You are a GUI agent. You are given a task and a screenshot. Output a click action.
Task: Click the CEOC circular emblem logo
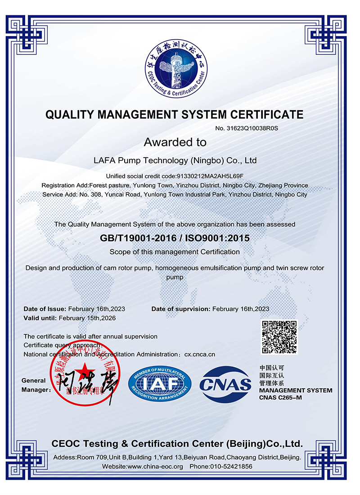(175, 67)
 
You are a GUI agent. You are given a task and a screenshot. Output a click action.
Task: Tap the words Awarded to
(175, 143)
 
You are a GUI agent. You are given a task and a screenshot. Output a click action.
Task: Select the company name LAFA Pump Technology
(175, 160)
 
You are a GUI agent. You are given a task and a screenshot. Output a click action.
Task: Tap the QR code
(279, 337)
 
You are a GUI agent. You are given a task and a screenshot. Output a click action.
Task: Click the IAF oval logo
(160, 383)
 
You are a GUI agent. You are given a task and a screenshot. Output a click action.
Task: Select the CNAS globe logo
(225, 384)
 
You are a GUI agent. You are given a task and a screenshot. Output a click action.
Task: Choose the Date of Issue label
(45, 309)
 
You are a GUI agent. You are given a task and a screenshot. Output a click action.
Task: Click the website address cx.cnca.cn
(200, 354)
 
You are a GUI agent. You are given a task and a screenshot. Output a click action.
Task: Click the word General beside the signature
(34, 380)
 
